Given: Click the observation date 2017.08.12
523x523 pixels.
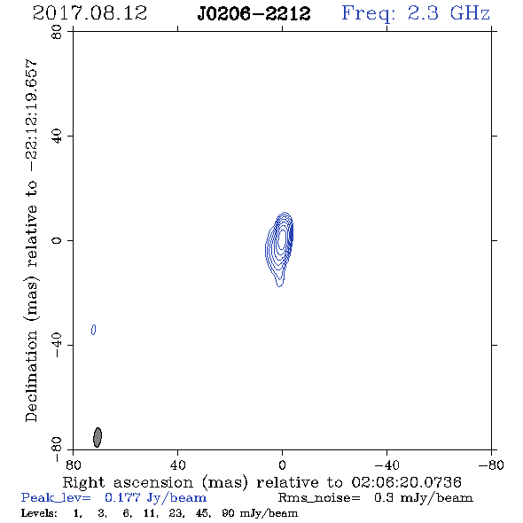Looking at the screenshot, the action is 90,13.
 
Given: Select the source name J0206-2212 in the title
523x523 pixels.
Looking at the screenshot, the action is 254,14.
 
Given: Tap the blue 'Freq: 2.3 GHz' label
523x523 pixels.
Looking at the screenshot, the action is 416,13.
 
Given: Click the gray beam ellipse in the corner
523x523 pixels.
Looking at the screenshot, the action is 98,437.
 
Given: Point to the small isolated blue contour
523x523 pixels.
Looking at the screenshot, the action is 94,330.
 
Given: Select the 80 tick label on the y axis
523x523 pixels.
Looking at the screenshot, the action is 57,32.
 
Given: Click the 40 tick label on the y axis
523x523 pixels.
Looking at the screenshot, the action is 57,137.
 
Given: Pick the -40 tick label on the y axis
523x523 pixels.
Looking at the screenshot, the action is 57,345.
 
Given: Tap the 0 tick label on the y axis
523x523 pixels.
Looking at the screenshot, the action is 57,240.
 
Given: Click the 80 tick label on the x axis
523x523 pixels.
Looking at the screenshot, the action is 73,465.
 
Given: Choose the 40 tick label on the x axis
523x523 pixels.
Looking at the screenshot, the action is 177,465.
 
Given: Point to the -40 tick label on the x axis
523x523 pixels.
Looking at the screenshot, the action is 386,465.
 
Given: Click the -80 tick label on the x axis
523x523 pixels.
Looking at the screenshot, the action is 491,465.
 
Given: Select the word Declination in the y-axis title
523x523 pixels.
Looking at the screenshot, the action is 31,376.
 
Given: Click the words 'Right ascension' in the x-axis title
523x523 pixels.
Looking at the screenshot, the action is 128,482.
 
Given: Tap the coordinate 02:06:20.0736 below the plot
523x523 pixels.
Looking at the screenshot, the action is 406,482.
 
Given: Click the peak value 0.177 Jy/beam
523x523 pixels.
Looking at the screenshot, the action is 155,498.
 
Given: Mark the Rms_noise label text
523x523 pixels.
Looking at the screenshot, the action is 319,498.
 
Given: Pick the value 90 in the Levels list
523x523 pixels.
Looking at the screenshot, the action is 228,513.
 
